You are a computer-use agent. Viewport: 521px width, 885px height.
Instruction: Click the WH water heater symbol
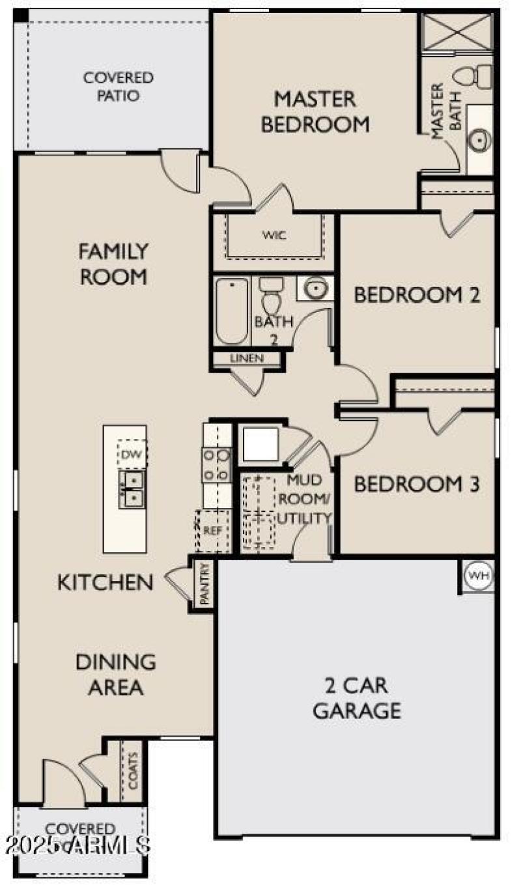click(x=479, y=576)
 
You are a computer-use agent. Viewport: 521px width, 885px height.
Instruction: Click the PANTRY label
click(x=204, y=584)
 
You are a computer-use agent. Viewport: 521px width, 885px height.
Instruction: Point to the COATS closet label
click(x=134, y=771)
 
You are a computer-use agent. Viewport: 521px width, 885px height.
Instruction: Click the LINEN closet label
click(x=247, y=359)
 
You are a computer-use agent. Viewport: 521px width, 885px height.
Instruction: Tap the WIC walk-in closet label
click(x=274, y=234)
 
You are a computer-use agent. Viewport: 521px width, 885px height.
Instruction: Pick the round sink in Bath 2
click(x=316, y=287)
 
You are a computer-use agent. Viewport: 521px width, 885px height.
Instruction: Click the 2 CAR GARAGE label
click(x=356, y=697)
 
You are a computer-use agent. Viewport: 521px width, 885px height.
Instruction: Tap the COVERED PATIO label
click(x=119, y=87)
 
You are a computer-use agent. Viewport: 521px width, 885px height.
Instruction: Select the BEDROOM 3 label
click(x=417, y=484)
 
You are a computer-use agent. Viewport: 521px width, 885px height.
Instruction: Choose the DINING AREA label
click(x=116, y=674)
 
